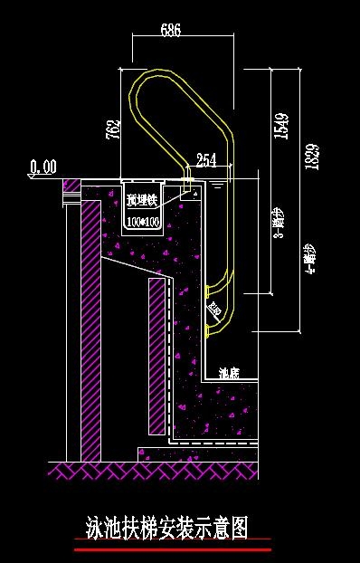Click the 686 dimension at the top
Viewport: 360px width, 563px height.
[170, 30]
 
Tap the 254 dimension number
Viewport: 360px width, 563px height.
[206, 160]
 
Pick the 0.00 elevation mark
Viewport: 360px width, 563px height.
[43, 167]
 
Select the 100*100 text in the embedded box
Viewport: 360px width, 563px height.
[143, 221]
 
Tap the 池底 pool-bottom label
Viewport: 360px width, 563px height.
[229, 372]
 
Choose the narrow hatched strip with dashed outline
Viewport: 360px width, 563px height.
[156, 358]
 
